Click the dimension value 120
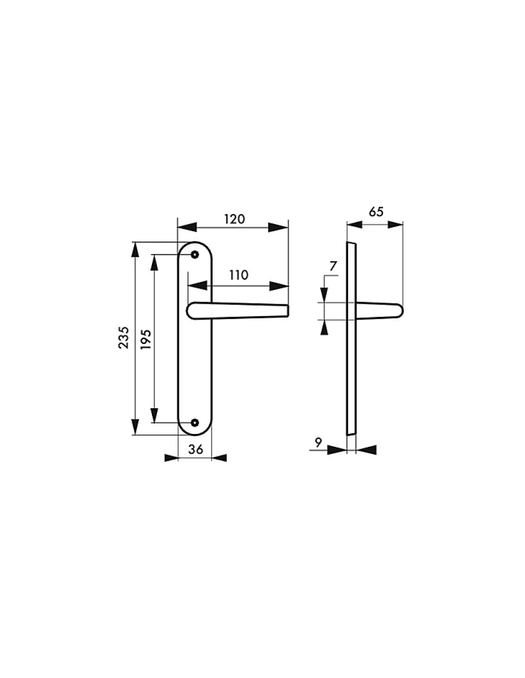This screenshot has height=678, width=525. pyautogui.click(x=234, y=219)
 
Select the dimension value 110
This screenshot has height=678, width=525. pyautogui.click(x=238, y=275)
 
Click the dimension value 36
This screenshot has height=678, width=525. pyautogui.click(x=195, y=448)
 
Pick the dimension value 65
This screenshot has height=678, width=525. pyautogui.click(x=376, y=212)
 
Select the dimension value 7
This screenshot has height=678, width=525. pyautogui.click(x=333, y=266)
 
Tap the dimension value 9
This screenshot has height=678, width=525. pyautogui.click(x=318, y=442)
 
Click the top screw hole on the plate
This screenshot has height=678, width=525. pyautogui.click(x=194, y=255)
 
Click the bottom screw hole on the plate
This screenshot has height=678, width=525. pyautogui.click(x=194, y=422)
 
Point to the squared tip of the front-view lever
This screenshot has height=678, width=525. pyautogui.click(x=287, y=311)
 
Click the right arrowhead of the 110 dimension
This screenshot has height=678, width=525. pyautogui.click(x=279, y=286)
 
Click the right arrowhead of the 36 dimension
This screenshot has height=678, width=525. pyautogui.click(x=219, y=458)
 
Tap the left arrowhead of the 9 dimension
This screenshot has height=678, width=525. pyautogui.click(x=337, y=450)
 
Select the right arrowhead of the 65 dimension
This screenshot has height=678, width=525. pyautogui.click(x=394, y=225)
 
